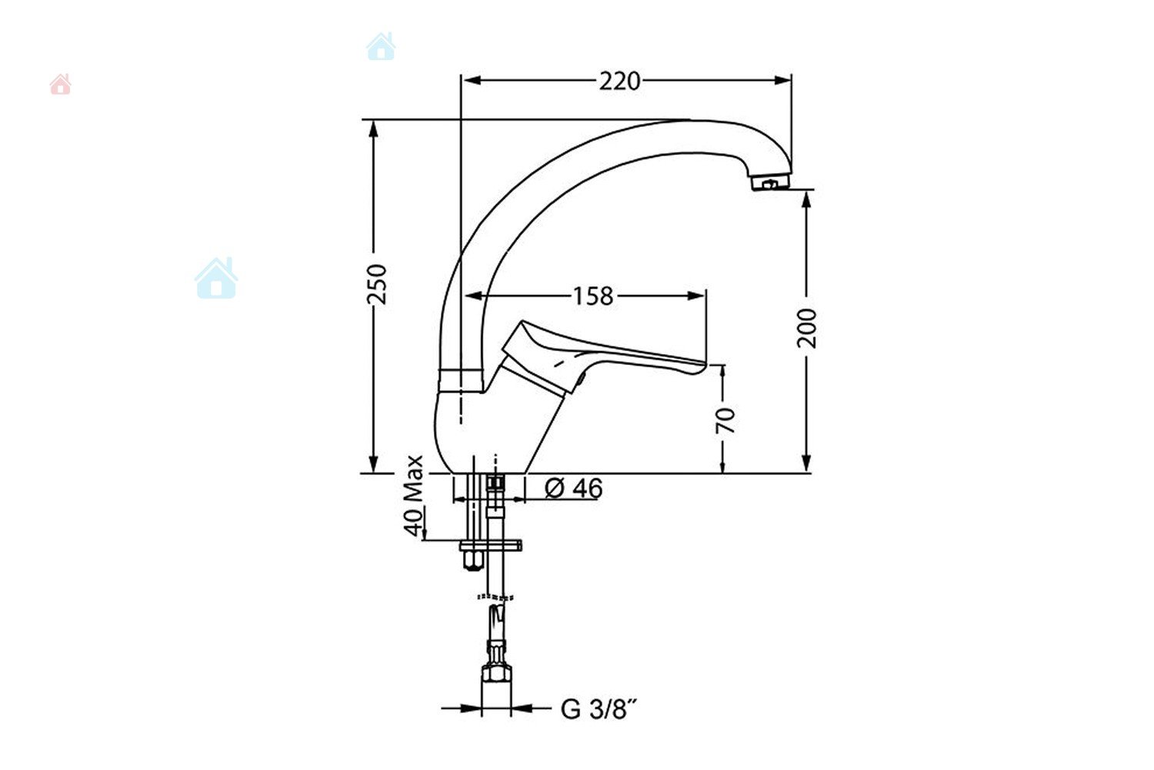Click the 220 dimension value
(x=619, y=81)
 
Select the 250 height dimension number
(x=377, y=284)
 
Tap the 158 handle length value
(x=593, y=296)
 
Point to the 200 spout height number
(x=807, y=328)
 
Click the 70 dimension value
(x=725, y=420)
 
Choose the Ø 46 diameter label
(x=573, y=487)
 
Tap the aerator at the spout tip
(x=770, y=182)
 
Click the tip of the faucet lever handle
(x=704, y=367)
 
